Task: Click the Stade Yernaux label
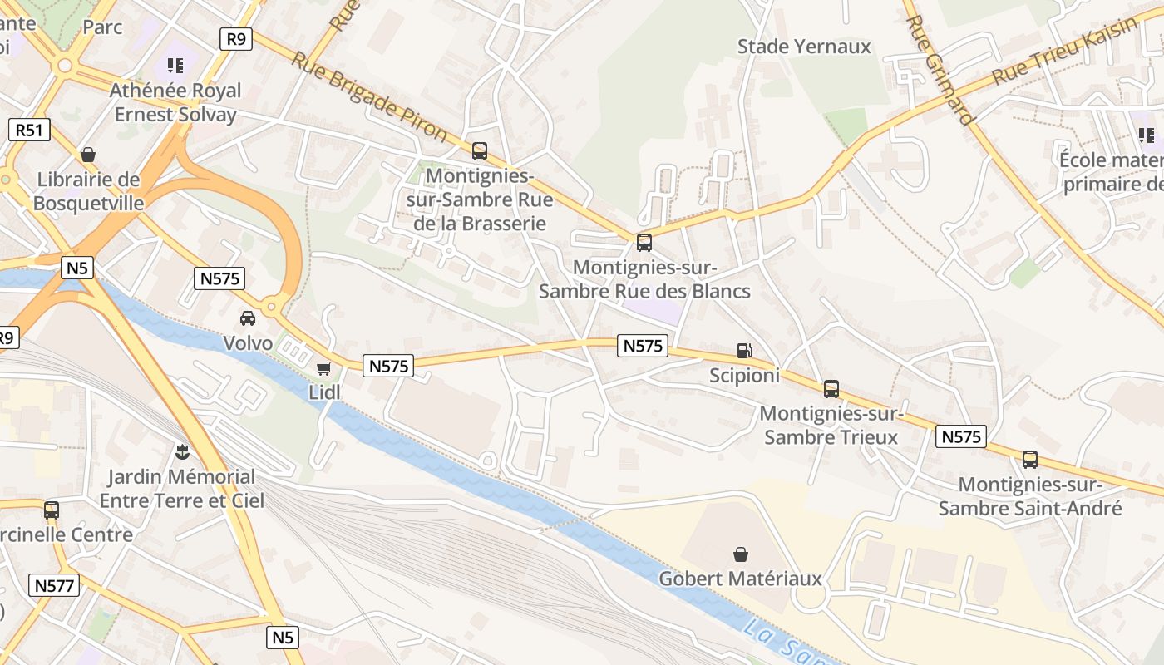point(804,47)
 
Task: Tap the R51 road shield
point(30,130)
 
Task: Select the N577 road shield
point(55,585)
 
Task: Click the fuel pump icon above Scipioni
point(745,352)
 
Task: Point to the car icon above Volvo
point(248,318)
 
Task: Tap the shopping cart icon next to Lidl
point(323,368)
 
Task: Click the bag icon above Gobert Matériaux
point(740,554)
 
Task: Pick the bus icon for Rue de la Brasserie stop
point(479,150)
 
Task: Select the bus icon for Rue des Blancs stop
point(644,243)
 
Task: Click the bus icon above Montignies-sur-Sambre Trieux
point(831,388)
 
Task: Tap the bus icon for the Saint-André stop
point(1029,459)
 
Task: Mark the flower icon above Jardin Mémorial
point(181,451)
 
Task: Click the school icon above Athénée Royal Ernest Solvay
point(175,65)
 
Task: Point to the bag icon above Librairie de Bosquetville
point(88,155)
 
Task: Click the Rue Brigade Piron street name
point(368,96)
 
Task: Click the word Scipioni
point(744,376)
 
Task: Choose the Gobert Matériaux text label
point(740,579)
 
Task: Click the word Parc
point(102,27)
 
